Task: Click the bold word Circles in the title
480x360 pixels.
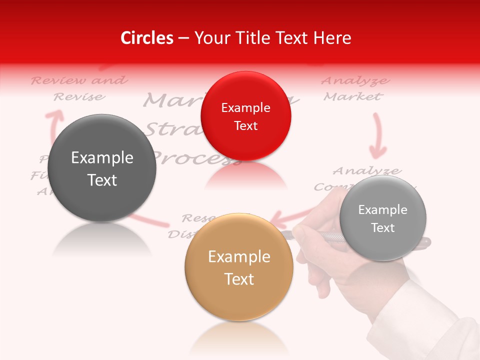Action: point(147,38)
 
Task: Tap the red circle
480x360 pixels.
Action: point(245,116)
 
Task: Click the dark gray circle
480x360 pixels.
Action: point(102,168)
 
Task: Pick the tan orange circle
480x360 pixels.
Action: point(239,267)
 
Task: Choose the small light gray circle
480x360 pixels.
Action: point(382,218)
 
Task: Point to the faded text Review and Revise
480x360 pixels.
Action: point(79,88)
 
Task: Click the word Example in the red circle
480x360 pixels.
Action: point(245,108)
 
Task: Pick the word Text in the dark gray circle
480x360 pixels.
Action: point(102,180)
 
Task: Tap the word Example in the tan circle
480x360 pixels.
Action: point(239,257)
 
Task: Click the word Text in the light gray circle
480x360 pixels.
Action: point(383,228)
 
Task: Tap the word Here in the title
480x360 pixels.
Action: point(333,38)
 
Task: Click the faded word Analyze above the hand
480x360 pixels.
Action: point(366,171)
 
